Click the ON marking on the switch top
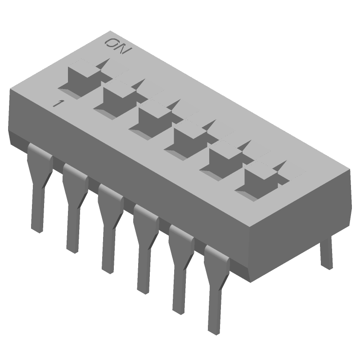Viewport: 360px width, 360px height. (x=117, y=46)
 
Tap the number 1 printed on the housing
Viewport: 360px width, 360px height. (x=57, y=103)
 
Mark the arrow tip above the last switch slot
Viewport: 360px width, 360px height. (x=283, y=163)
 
